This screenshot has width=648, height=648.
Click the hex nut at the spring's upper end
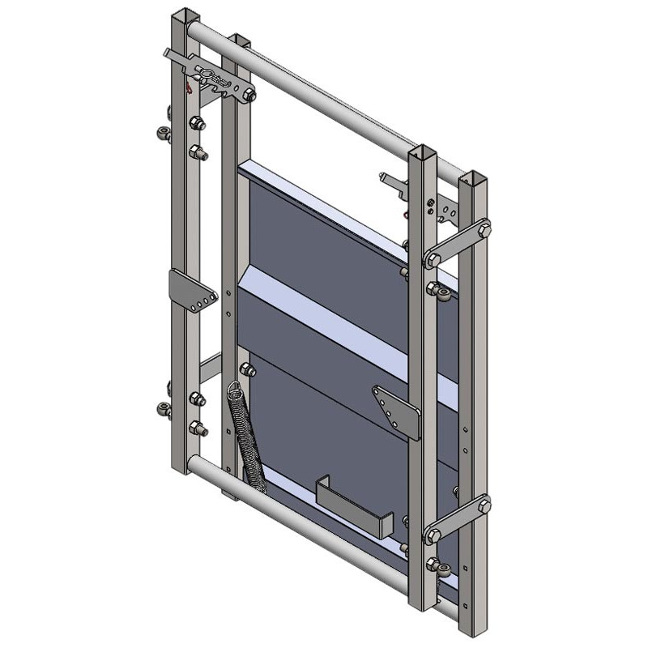(248, 371)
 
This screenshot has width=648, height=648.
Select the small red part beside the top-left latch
(189, 87)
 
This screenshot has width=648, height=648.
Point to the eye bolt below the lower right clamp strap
(436, 565)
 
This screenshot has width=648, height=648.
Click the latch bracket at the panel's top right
(394, 182)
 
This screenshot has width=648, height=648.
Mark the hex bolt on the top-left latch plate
(249, 96)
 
